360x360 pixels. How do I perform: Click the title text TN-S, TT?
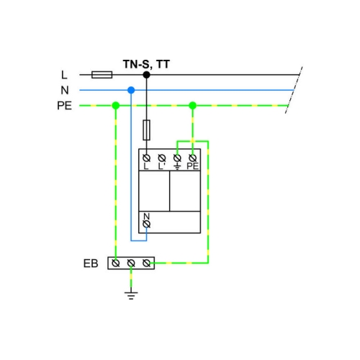[x=146, y=64]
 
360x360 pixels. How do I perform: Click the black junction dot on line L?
[x=146, y=75]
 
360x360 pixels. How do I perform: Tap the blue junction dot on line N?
[x=131, y=90]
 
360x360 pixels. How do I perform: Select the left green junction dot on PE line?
[x=116, y=105]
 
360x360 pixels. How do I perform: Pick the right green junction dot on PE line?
[x=193, y=105]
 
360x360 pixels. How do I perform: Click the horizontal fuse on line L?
[x=102, y=75]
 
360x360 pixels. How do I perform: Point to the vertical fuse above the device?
[x=146, y=130]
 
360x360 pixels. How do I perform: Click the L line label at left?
[x=64, y=75]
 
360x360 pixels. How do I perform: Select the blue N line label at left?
[x=65, y=90]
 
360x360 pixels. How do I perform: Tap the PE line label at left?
[x=64, y=106]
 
